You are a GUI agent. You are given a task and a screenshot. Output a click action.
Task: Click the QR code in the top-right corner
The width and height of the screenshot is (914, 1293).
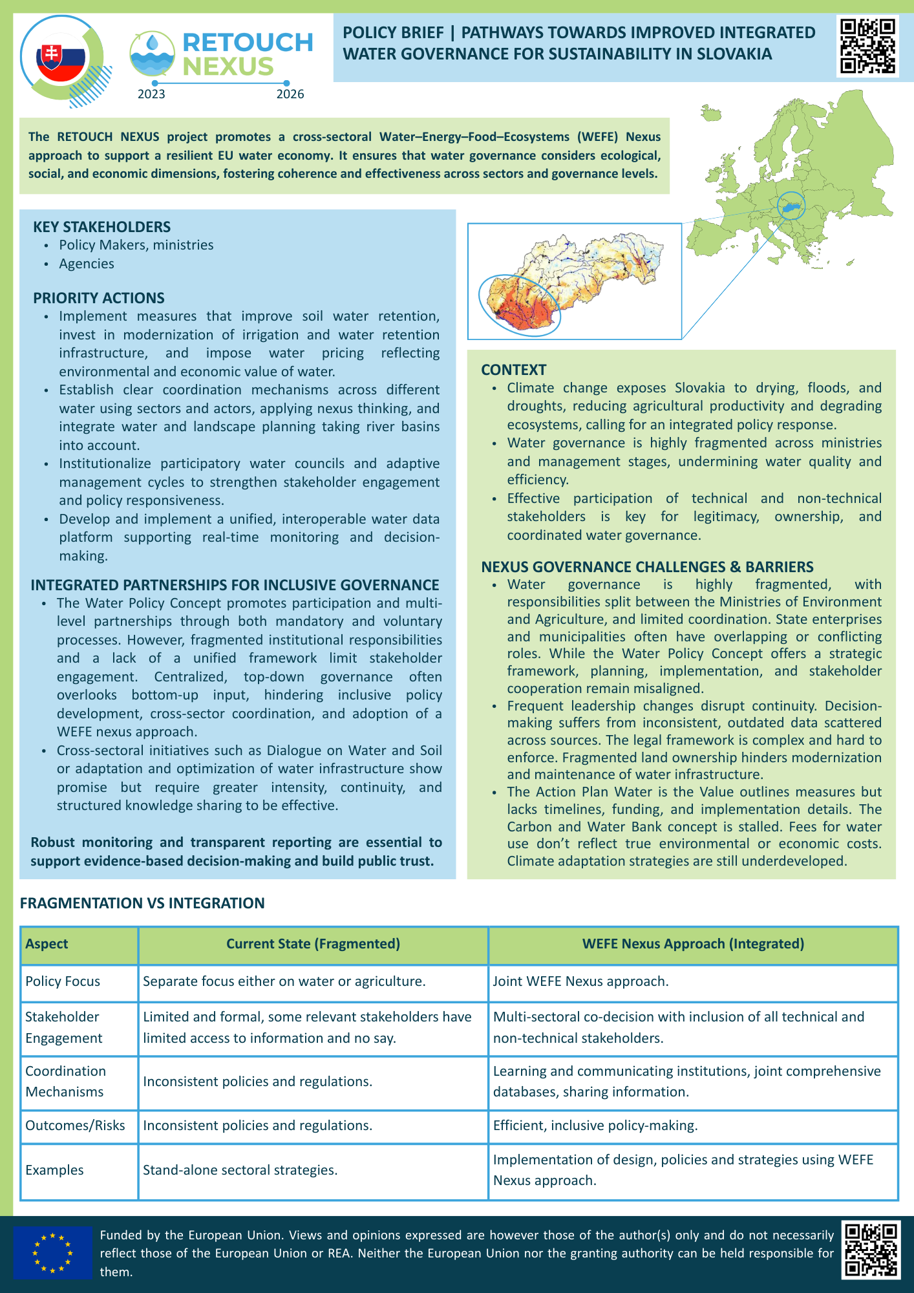coord(867,47)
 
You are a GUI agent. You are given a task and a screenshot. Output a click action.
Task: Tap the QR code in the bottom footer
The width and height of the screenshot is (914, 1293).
coord(871,1250)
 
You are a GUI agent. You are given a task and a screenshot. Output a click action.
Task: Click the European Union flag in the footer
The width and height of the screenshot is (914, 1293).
coord(53,1253)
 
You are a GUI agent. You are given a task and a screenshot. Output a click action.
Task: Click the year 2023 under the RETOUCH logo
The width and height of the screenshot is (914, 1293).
coord(151,94)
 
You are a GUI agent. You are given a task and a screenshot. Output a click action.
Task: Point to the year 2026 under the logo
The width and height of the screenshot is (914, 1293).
coord(290,94)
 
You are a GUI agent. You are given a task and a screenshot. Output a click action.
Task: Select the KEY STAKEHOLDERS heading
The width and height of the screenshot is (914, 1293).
coord(102,227)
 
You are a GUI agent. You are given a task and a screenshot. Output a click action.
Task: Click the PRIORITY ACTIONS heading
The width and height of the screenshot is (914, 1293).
coord(99,298)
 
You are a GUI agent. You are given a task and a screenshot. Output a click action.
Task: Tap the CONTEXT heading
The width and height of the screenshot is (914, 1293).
coord(514,370)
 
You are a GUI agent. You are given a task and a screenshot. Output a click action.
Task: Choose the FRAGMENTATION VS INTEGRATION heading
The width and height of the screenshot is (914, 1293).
coord(142,903)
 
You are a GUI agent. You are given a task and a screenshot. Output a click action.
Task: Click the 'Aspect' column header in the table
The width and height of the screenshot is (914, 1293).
coord(47,944)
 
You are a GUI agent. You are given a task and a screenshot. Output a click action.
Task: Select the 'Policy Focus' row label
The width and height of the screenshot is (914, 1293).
coord(63,981)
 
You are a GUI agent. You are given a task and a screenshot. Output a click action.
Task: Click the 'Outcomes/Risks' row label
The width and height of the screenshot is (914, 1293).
coord(75,1126)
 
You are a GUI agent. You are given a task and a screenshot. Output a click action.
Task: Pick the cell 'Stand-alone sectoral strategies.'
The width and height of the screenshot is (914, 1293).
coord(240,1170)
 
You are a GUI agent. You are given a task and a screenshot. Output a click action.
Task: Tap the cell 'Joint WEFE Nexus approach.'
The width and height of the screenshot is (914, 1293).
coord(580,981)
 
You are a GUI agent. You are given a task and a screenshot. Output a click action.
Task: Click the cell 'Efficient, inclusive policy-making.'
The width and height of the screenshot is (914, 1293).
coord(595,1126)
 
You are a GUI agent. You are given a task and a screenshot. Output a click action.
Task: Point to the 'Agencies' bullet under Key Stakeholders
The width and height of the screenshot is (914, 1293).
coord(87,264)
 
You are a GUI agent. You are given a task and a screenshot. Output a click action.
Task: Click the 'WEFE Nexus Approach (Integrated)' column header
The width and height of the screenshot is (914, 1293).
coord(693,944)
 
